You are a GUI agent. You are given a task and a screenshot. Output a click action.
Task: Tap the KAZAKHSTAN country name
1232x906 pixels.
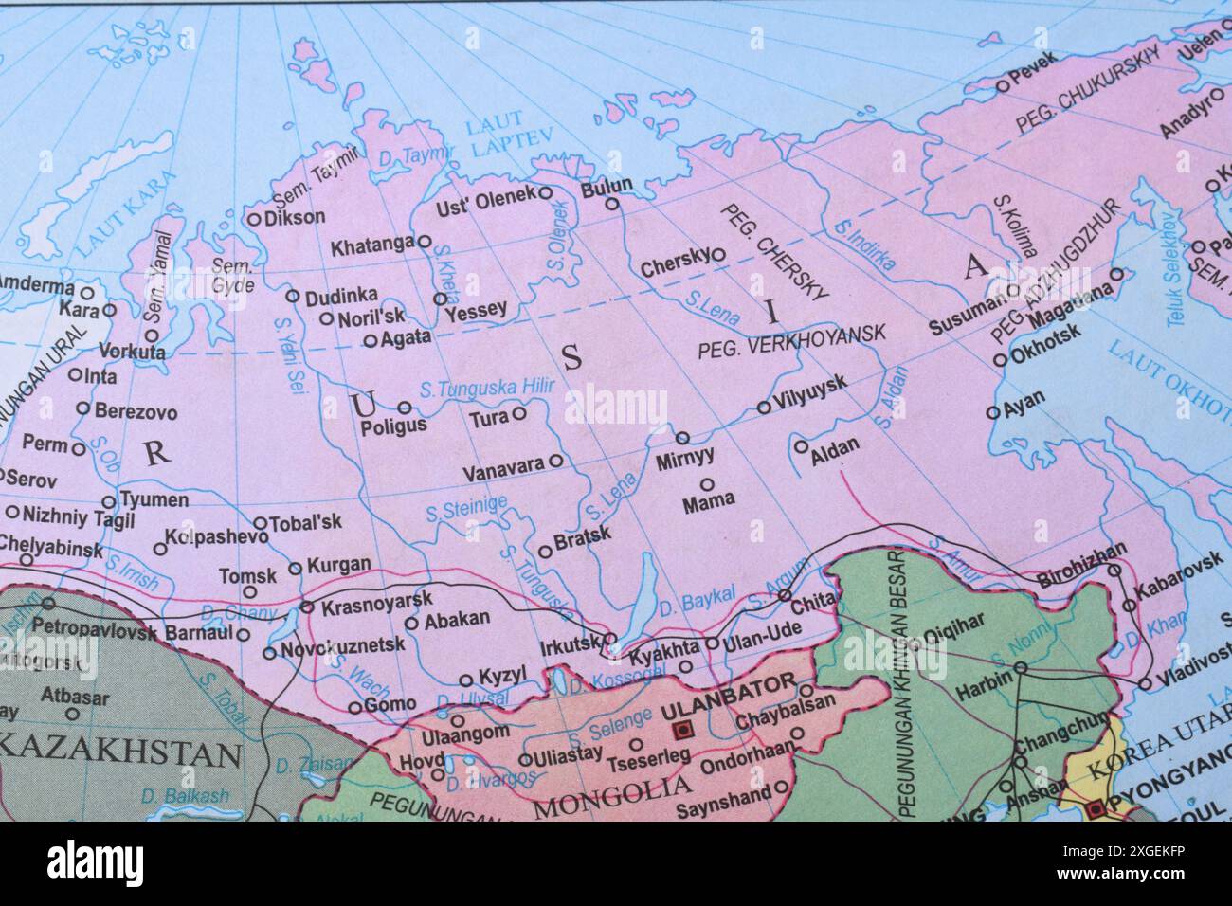click(x=119, y=753)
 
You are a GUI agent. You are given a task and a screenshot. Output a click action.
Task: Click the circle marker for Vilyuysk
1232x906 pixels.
click(x=764, y=408)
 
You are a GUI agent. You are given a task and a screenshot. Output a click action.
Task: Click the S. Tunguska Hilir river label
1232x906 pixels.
click(x=486, y=387)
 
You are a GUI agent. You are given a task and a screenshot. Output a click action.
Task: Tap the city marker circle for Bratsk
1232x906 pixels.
click(x=545, y=551)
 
